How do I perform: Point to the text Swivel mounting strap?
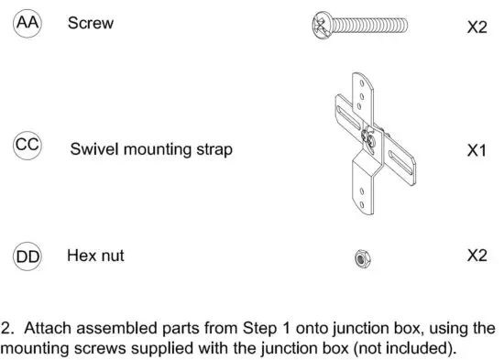click(x=151, y=149)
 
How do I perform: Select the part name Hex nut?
click(x=95, y=256)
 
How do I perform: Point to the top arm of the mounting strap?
click(x=366, y=96)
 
